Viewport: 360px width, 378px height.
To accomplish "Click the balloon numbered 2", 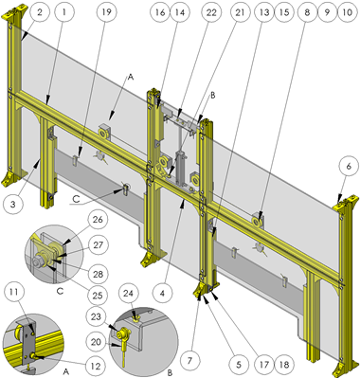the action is pyautogui.click(x=40, y=12).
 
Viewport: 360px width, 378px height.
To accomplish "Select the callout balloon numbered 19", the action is pyautogui.click(x=107, y=12).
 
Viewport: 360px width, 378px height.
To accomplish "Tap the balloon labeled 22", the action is pyautogui.click(x=211, y=12).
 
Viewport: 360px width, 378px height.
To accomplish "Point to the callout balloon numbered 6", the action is pyautogui.click(x=349, y=167).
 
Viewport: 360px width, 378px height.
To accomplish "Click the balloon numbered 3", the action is pyautogui.click(x=12, y=204).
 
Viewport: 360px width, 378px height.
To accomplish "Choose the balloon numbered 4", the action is pyautogui.click(x=162, y=294).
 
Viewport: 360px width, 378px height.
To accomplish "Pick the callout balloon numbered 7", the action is pyautogui.click(x=189, y=361).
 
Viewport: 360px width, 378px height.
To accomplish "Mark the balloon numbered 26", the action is pyautogui.click(x=98, y=219).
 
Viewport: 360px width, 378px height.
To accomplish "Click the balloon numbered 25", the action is pyautogui.click(x=97, y=296).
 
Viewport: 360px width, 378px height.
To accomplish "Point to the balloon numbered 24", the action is pyautogui.click(x=128, y=294).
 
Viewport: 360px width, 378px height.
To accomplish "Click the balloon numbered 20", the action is pyautogui.click(x=96, y=342).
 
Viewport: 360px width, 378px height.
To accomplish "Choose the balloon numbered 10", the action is pyautogui.click(x=347, y=12).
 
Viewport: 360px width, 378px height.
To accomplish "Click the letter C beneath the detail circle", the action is pyautogui.click(x=60, y=291).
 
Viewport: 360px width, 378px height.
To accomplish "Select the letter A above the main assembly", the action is pyautogui.click(x=131, y=77).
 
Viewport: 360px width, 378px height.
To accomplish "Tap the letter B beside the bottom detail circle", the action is pyautogui.click(x=171, y=372).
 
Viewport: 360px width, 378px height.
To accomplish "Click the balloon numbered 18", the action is pyautogui.click(x=284, y=365).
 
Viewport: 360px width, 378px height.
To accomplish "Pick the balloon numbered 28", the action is pyautogui.click(x=98, y=274).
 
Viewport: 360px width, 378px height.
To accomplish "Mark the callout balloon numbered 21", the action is pyautogui.click(x=241, y=12).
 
